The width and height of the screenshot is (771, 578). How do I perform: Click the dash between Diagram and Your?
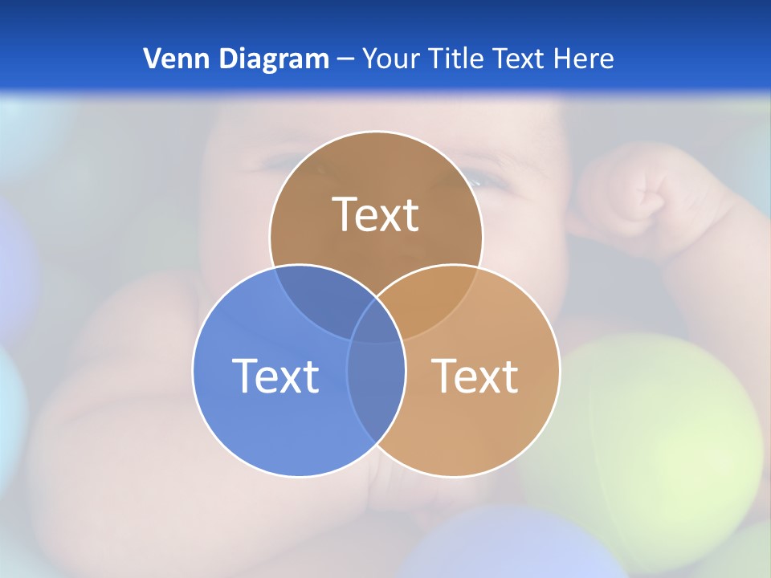coord(345,59)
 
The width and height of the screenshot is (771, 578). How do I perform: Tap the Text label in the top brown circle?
coord(376,214)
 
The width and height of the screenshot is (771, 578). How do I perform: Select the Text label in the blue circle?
coord(275,375)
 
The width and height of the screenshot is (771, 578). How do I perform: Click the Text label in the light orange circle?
coord(475,375)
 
